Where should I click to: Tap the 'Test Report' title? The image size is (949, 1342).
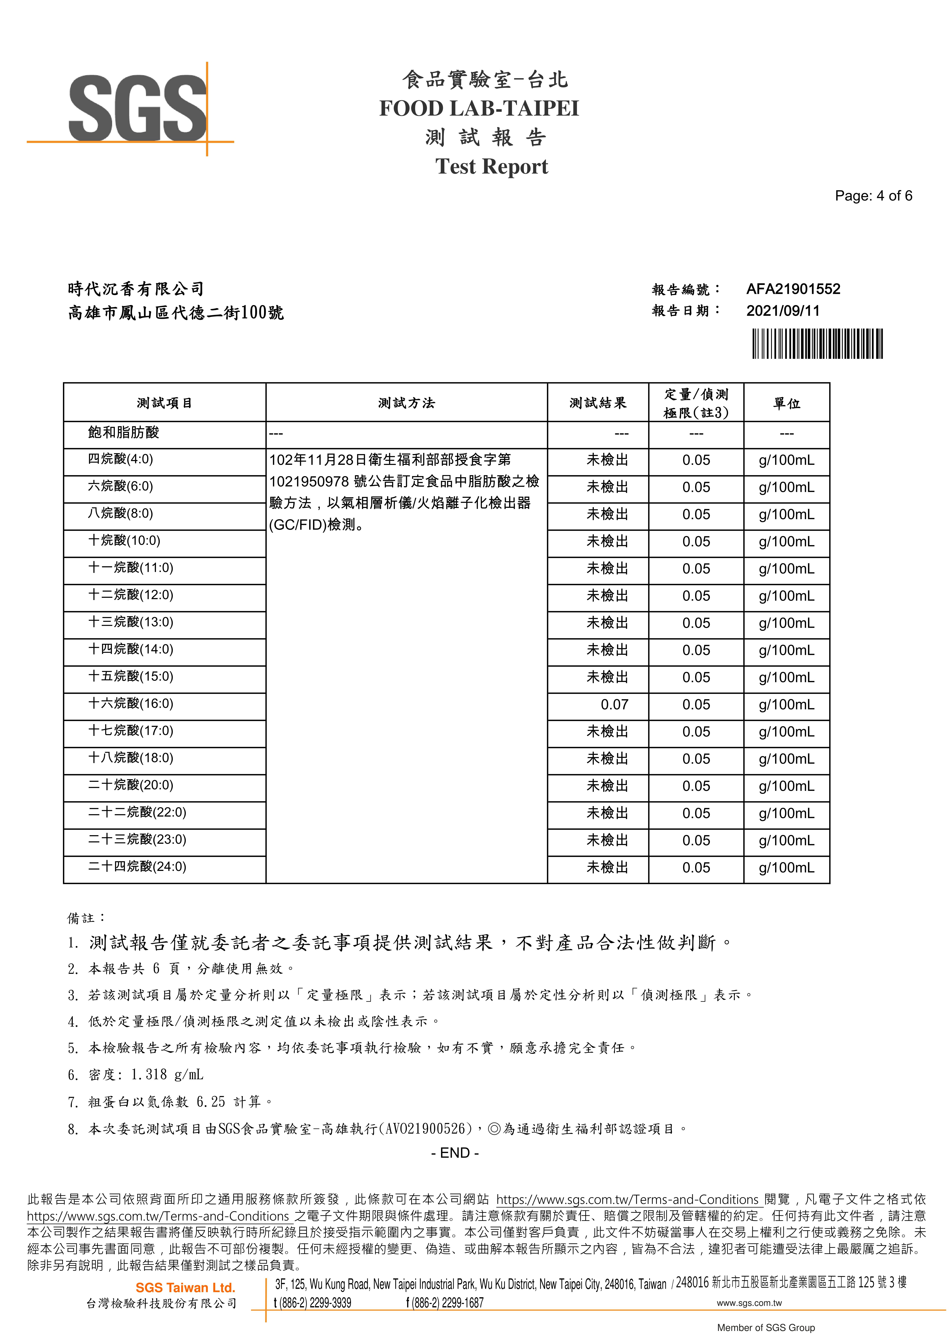click(x=492, y=167)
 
